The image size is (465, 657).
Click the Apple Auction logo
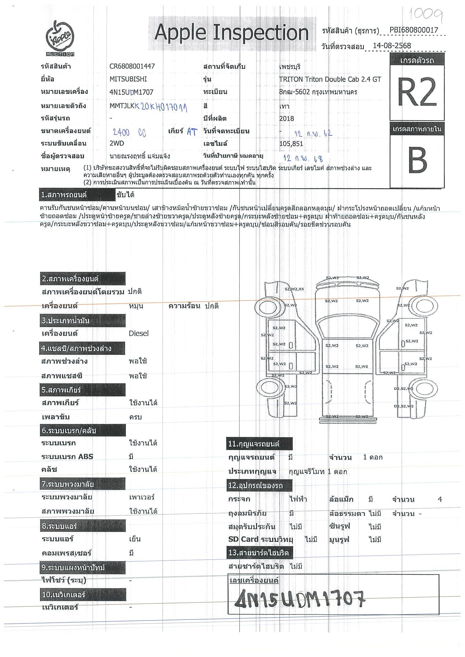(60, 38)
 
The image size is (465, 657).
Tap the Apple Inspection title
(231, 33)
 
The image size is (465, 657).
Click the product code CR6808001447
(132, 66)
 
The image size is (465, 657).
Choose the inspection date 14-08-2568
(392, 46)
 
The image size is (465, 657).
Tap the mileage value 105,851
(291, 144)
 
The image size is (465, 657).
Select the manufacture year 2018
(286, 118)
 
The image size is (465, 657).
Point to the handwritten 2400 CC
(130, 133)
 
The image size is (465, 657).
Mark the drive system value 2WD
(117, 143)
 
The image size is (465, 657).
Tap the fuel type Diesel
(139, 333)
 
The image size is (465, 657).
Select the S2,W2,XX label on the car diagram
(294, 289)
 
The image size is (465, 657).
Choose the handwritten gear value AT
(192, 132)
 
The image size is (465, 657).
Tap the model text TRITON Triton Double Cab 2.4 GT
(330, 79)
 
